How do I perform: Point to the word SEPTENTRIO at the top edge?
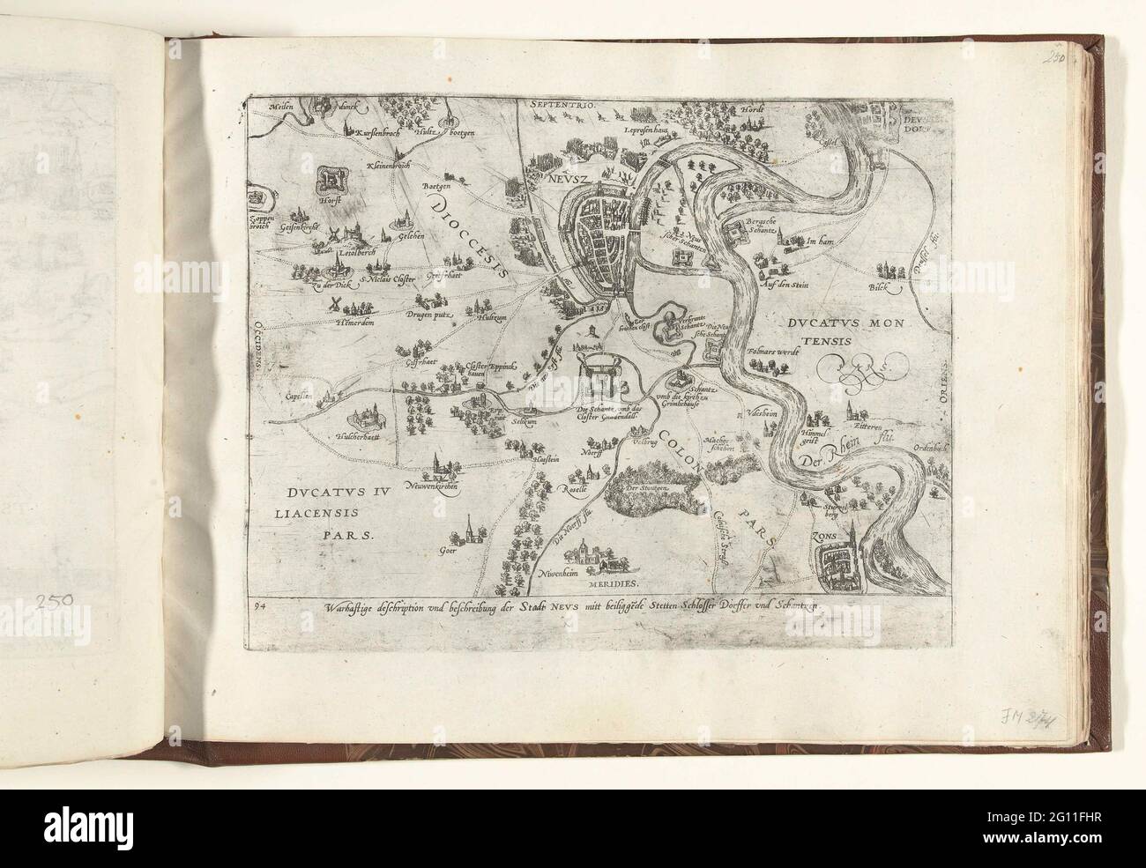(565, 106)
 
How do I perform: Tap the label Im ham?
(822, 240)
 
